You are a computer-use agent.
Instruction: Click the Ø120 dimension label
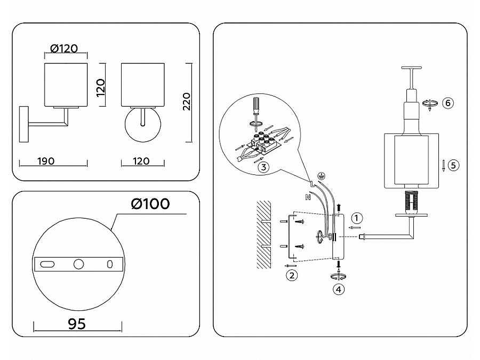pos(64,49)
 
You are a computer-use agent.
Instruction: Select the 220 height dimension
pos(185,101)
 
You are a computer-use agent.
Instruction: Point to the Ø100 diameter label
pos(150,204)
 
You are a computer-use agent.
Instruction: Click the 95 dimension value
pos(77,324)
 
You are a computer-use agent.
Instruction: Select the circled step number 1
pos(357,218)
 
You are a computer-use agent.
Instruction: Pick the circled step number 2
pos(291,275)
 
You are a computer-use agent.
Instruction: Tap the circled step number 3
pos(262,166)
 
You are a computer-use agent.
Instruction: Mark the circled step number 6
pos(448,103)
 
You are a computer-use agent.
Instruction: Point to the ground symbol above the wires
pos(321,175)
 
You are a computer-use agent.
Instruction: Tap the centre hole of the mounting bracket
pos(79,264)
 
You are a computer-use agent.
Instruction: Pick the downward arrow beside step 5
pos(443,165)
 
